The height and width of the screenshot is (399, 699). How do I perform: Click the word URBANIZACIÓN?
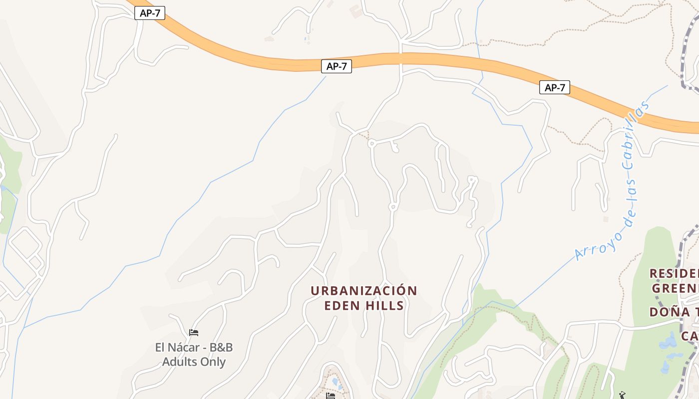363,291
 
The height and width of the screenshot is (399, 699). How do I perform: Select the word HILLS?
386,305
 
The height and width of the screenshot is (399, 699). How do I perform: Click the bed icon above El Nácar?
194,333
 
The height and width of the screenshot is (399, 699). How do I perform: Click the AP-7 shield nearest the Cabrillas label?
554,88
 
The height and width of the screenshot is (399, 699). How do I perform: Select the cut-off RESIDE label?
674,273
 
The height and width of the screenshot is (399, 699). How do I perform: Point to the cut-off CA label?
690,336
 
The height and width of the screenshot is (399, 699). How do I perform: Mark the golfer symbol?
622,395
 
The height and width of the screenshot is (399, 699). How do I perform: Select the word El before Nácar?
162,348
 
